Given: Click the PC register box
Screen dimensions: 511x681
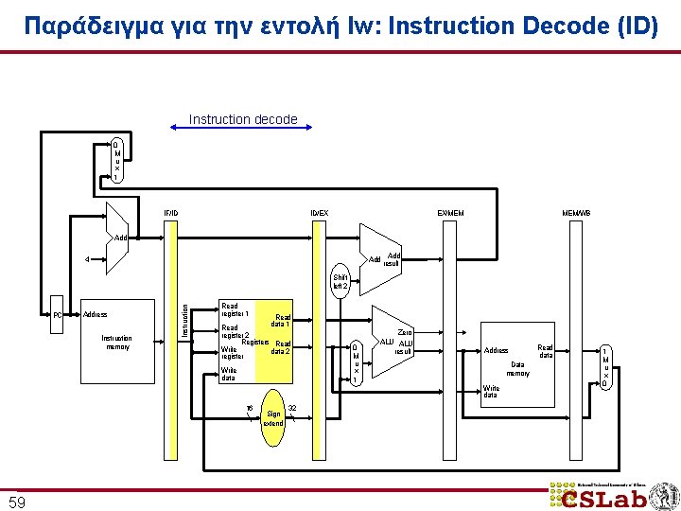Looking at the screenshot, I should (x=57, y=315).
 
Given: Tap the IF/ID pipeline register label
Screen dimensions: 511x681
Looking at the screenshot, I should (x=171, y=213).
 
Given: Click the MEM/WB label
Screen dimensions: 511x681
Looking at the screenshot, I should (x=576, y=213).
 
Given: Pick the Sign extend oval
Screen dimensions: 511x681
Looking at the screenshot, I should (x=273, y=417).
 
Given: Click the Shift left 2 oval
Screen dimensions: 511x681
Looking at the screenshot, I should (x=340, y=282).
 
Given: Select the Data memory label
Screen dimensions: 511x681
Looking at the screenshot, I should (x=517, y=368).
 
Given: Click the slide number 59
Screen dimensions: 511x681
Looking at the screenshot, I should (x=17, y=500).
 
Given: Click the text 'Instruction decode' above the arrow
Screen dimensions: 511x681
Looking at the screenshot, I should (x=243, y=119).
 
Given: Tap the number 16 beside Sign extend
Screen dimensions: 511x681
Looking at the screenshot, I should (x=249, y=409).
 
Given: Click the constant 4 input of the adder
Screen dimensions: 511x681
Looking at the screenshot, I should (x=87, y=258).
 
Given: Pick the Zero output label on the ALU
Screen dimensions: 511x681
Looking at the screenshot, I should (x=405, y=332).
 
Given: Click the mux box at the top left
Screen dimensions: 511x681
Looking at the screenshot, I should (x=116, y=161).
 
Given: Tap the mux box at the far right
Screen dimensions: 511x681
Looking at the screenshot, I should (x=605, y=366).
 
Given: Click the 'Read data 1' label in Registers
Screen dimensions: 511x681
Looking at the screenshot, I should (x=281, y=321).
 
